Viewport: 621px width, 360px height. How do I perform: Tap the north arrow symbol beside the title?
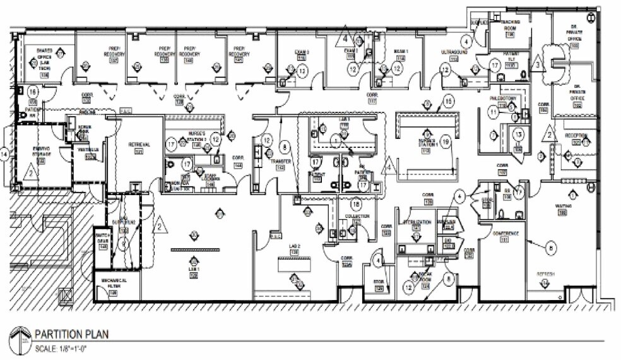21,339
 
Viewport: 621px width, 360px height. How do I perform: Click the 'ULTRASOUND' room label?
454,52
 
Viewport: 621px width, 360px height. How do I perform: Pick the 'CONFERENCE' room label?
506,234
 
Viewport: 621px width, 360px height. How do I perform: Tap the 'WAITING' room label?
564,206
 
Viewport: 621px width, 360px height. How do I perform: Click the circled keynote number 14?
5,153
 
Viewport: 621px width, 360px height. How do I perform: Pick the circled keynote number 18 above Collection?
357,204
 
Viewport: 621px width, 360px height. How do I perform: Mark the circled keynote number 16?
32,92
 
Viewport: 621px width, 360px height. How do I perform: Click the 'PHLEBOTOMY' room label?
503,99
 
